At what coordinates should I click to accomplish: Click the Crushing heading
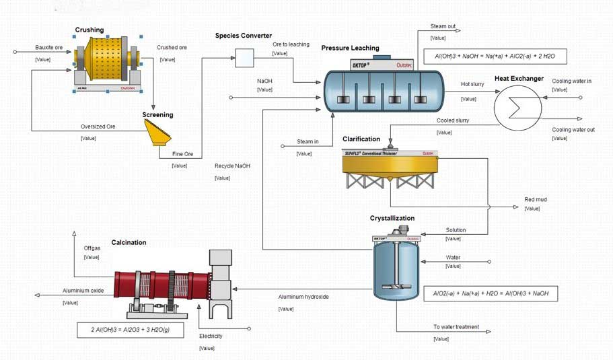[89, 30]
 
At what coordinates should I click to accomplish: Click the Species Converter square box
[244, 59]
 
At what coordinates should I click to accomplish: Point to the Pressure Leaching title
[350, 48]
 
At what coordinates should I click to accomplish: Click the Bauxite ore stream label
[48, 48]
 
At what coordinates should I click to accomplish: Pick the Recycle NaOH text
[232, 166]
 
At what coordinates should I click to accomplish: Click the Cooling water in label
[572, 81]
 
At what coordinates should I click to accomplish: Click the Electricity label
[211, 336]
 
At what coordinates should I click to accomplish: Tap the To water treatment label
[456, 327]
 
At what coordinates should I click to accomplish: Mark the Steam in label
[308, 142]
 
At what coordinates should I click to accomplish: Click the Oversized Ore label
[98, 127]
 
